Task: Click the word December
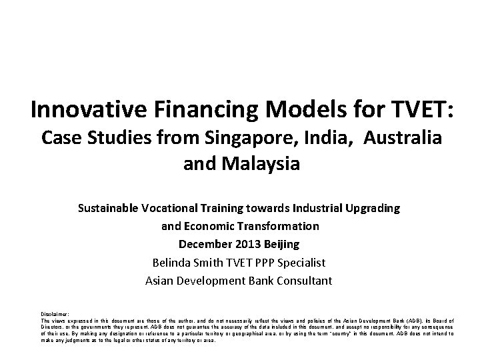[x=201, y=244]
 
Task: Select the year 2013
[x=246, y=244]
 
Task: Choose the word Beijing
[x=281, y=244]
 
